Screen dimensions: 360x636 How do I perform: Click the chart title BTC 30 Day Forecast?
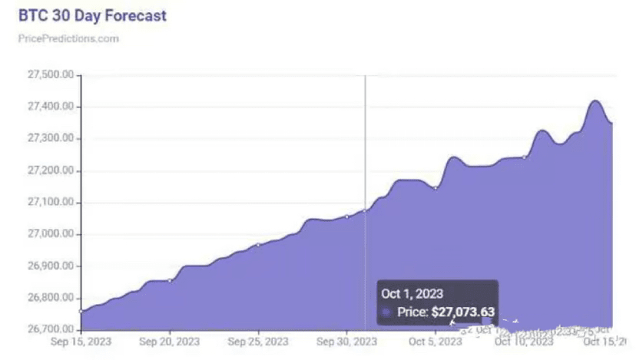92,15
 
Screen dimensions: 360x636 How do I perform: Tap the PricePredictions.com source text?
68,38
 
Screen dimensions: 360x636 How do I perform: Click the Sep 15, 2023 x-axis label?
79,340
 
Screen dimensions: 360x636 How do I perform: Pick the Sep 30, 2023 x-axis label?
347,340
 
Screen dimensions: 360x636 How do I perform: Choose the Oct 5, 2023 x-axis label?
435,340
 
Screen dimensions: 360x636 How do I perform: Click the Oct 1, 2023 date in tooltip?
412,293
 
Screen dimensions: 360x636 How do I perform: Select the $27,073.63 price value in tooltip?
462,312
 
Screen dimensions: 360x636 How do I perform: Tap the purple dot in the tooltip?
386,312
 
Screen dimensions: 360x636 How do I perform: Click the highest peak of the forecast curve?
595,101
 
